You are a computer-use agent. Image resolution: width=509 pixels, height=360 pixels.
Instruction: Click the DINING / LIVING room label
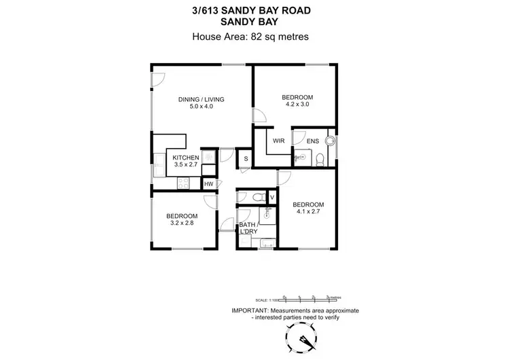(201, 100)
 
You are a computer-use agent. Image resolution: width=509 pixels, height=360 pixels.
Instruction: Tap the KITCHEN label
(166, 158)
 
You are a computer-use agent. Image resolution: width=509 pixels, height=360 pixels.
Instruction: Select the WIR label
(278, 141)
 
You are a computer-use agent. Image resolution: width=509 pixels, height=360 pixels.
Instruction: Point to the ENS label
(312, 141)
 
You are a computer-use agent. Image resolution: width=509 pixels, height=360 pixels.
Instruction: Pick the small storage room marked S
(246, 159)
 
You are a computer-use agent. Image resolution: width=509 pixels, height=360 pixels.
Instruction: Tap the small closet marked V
(271, 197)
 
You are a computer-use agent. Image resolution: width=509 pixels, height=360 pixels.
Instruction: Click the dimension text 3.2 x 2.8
(181, 224)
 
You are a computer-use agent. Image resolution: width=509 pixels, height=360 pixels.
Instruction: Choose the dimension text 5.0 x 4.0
(201, 107)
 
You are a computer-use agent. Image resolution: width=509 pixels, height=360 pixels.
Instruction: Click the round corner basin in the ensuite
(330, 141)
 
